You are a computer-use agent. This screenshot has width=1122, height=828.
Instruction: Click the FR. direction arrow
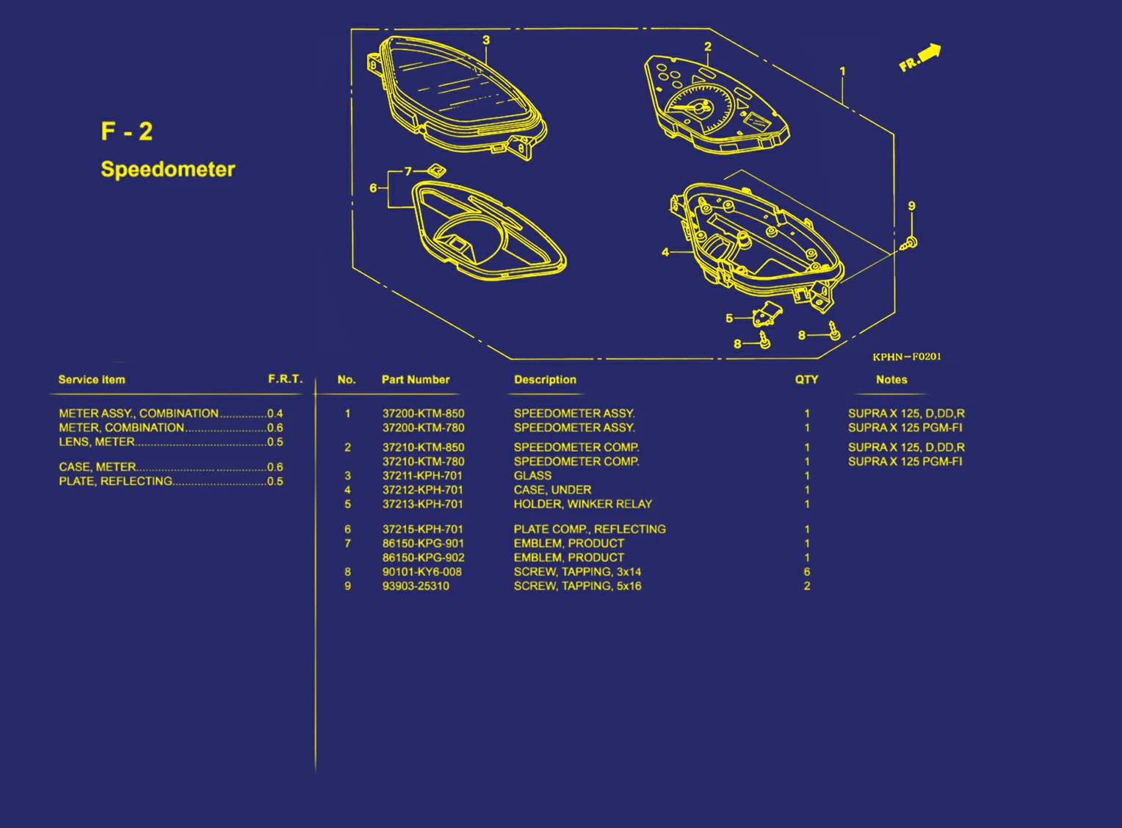click(x=930, y=54)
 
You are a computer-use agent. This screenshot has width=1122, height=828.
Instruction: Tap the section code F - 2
click(x=127, y=132)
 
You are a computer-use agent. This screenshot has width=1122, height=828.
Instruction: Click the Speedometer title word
click(x=168, y=170)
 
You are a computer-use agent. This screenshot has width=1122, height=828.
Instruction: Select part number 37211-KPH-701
click(x=422, y=475)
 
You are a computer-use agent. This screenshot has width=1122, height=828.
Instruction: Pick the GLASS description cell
click(x=532, y=475)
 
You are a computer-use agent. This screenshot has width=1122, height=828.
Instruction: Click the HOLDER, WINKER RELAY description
click(x=583, y=504)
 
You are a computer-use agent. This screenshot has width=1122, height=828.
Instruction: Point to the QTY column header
click(x=806, y=379)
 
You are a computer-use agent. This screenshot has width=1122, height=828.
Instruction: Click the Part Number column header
click(x=416, y=379)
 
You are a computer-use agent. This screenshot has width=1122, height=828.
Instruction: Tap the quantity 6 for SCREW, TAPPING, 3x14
click(x=807, y=572)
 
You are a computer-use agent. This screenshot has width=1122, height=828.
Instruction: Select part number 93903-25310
click(x=416, y=586)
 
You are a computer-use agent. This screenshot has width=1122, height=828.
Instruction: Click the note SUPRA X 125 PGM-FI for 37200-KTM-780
click(x=905, y=428)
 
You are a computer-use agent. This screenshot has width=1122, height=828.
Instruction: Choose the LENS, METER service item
click(x=97, y=442)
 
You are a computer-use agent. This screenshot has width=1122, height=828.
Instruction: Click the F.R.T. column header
click(x=286, y=378)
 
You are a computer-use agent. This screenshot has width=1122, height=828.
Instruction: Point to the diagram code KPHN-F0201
click(x=907, y=357)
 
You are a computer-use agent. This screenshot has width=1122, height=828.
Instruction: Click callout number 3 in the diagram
click(x=486, y=40)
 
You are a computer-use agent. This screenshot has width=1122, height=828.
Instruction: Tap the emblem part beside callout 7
click(x=436, y=170)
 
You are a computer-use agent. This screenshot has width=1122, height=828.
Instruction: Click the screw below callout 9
click(x=909, y=244)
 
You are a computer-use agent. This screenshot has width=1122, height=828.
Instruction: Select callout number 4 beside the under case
click(x=665, y=252)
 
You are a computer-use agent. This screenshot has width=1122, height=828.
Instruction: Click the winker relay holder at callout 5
click(x=767, y=313)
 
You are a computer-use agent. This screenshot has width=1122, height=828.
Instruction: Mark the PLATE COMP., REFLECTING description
click(x=590, y=529)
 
